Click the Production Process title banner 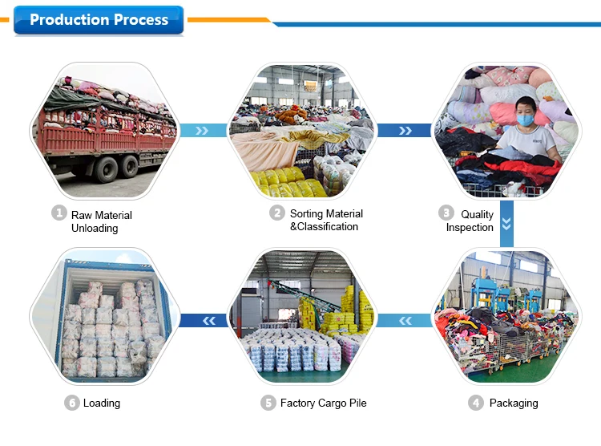coord(99,20)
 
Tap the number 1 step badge coord(59,213)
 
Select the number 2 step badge coord(277,213)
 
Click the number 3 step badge coord(446,213)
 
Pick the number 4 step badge coord(476,403)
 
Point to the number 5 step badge coord(268,403)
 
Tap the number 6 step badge coord(71,403)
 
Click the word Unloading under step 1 coord(95,228)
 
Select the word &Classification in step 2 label coord(324,226)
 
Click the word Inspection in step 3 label coord(470,227)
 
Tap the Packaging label coord(514,403)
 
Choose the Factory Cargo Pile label coord(324,403)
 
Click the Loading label coord(102,403)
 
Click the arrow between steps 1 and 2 coord(203,131)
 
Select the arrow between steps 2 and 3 coord(405,131)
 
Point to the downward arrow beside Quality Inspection coord(506,224)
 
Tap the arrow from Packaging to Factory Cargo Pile coord(405,321)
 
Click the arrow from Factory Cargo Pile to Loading coord(204,321)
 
